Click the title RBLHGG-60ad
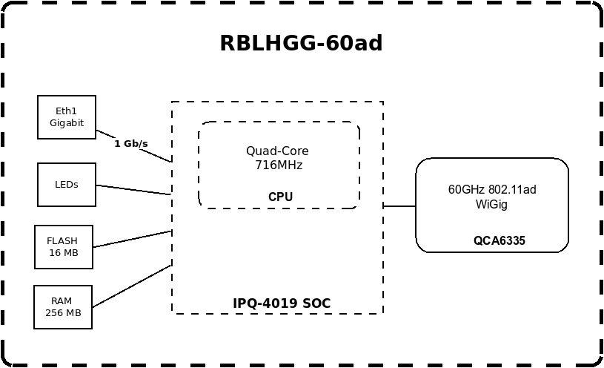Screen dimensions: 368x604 coord(301,44)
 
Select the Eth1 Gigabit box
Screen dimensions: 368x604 coord(67,116)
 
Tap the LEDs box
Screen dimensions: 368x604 coord(67,184)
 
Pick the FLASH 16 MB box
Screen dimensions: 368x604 coord(64,247)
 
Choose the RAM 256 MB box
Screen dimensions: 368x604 coord(63,306)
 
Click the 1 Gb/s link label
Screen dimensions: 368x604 coord(131,143)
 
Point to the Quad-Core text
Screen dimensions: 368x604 coord(277,151)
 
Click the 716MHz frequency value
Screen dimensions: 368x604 coord(278,165)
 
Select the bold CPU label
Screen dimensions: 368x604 coord(280,197)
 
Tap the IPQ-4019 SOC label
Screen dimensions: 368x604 coord(282,303)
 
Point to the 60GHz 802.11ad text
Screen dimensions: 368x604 coord(492,190)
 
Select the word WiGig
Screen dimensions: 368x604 coord(491,204)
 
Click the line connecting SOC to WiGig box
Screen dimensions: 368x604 coord(399,206)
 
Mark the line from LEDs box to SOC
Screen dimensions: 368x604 coord(133,190)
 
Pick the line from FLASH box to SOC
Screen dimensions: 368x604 coord(132,239)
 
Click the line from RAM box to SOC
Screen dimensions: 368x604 coord(132,286)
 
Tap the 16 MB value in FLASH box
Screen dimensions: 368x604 coord(64,253)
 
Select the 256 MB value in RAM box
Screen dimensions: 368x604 coord(63,313)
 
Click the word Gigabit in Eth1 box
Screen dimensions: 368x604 coord(67,123)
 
